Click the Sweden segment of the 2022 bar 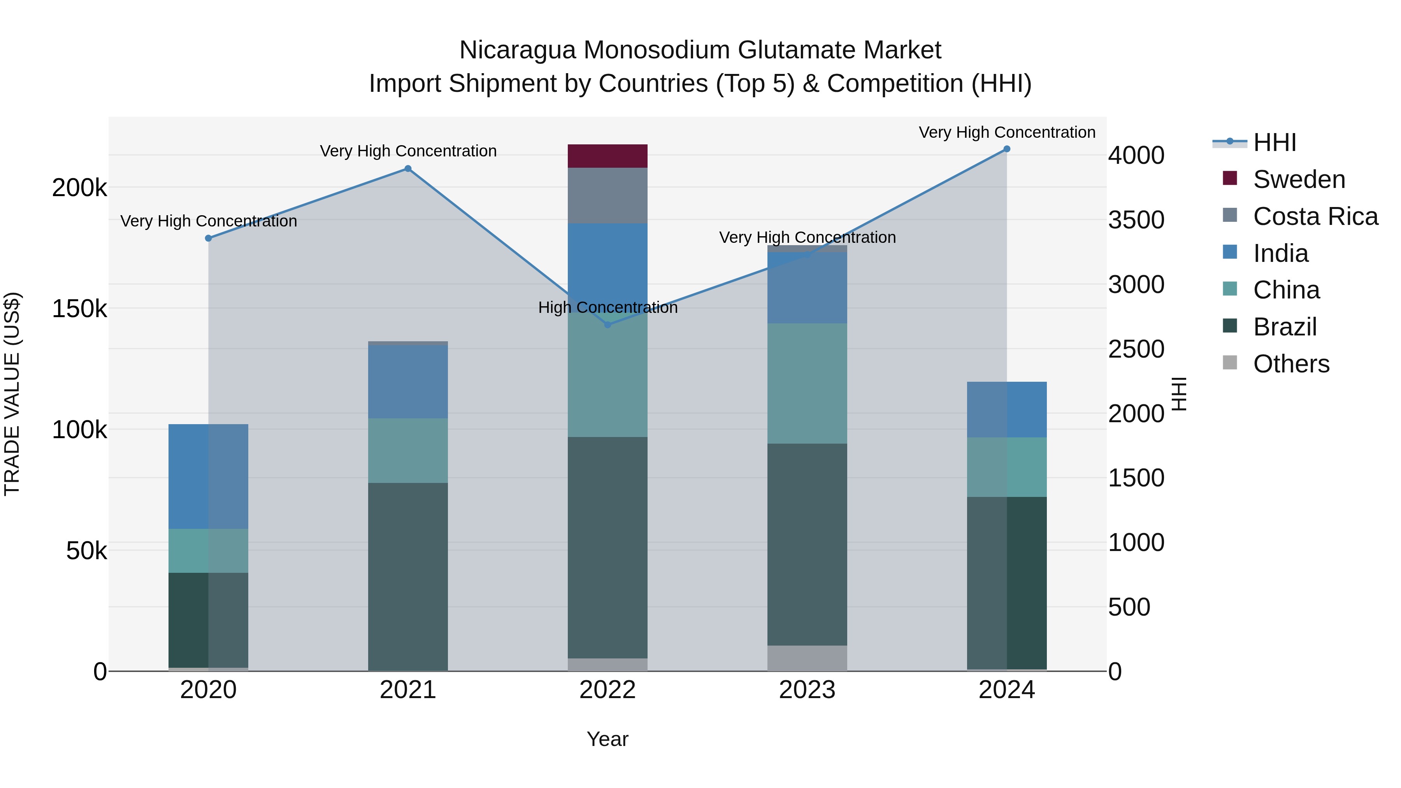pos(607,156)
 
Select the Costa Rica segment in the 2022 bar pos(607,195)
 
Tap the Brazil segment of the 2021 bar pos(408,576)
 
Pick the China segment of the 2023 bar pos(807,383)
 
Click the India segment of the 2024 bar pos(1007,409)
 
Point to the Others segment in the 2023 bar pos(807,658)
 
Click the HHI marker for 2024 pos(1007,149)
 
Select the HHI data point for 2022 pos(608,325)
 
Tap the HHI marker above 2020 pos(208,238)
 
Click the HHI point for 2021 pos(408,168)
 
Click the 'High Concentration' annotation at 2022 pos(607,308)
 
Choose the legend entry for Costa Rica pos(1315,216)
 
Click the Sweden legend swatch pos(1230,178)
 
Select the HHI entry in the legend pos(1274,142)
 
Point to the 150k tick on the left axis pos(79,309)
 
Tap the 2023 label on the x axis pos(807,690)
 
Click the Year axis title pos(607,739)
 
